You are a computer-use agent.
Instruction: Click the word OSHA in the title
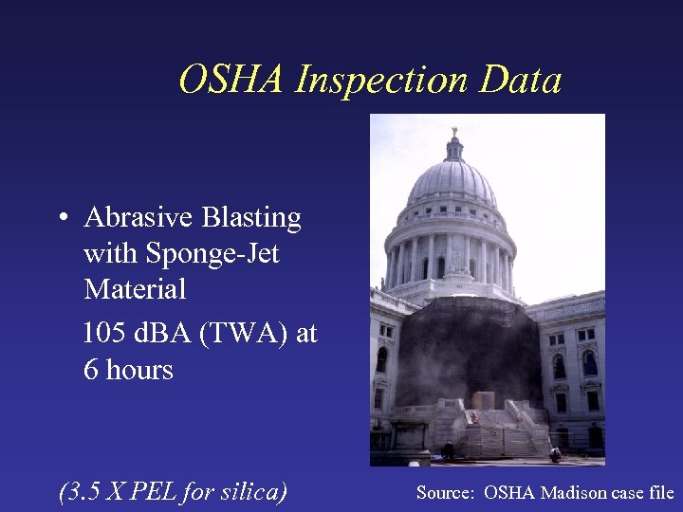tap(231, 80)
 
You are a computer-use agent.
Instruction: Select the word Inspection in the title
tap(381, 82)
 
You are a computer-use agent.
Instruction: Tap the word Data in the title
tap(521, 80)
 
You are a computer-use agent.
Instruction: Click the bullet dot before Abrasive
tap(60, 219)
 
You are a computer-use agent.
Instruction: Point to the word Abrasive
tap(138, 218)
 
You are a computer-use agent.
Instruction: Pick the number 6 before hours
tap(91, 369)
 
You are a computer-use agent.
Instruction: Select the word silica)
tap(254, 492)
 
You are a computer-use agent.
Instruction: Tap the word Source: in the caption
tap(446, 493)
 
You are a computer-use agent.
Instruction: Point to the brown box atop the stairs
tap(484, 400)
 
